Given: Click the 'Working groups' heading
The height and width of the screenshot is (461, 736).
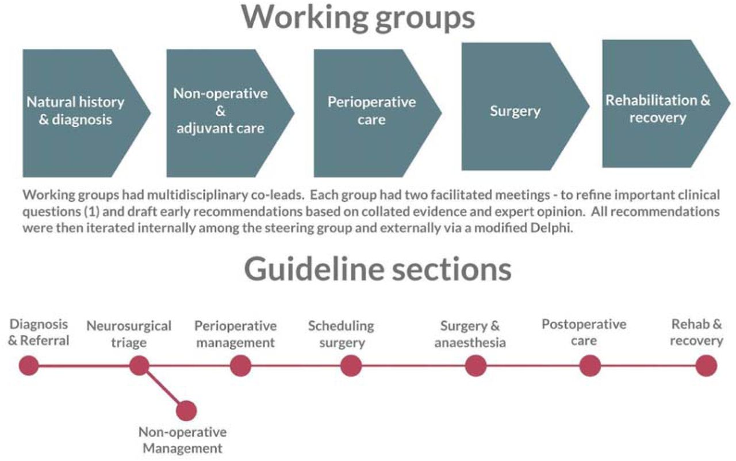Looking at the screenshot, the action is point(358,18).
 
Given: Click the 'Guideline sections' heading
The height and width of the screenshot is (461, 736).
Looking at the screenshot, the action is point(378,269).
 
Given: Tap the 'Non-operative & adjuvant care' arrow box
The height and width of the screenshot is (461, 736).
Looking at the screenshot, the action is point(231,113).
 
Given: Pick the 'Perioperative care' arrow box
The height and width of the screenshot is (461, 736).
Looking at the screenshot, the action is point(378,113).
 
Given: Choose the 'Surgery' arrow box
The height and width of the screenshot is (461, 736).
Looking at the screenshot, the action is point(526,106).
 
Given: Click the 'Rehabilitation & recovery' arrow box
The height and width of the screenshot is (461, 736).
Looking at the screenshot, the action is point(666,103).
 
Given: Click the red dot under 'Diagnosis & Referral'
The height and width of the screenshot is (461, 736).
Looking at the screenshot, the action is point(29,366).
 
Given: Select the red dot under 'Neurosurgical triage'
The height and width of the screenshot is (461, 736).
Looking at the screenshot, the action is point(139,366).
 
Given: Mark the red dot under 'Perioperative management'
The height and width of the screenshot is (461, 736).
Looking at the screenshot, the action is point(240,366).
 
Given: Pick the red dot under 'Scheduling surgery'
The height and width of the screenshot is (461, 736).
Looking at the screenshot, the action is point(351,366).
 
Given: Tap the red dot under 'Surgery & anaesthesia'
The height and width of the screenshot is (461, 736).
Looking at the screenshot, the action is point(476,366).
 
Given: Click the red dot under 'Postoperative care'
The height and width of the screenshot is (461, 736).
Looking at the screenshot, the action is point(590,366).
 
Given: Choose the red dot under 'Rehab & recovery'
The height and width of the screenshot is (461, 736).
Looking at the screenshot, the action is point(707,366).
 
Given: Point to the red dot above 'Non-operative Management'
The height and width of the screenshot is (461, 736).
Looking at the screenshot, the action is point(186,410).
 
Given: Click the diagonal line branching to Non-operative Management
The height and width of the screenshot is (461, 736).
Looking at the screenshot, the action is point(163,388).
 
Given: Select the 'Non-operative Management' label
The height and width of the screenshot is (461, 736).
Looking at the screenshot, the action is point(183,440).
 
